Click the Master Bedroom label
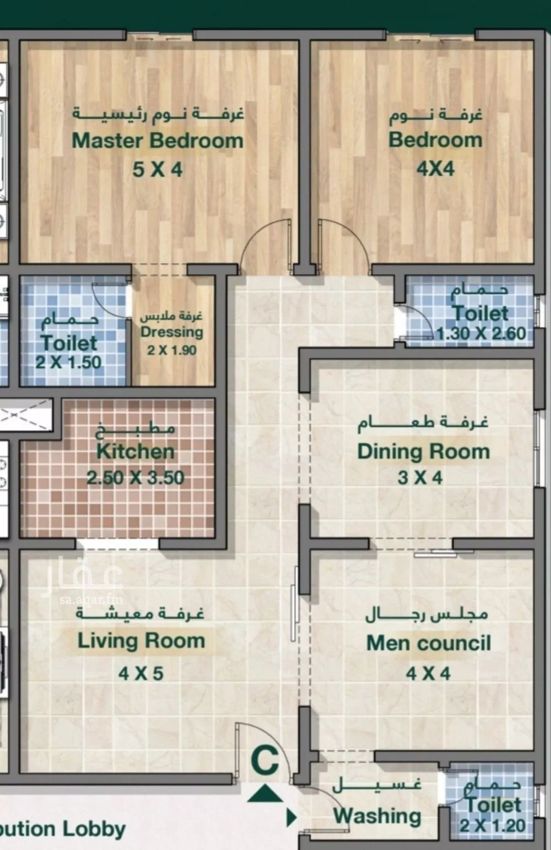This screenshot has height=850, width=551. coord(158,141)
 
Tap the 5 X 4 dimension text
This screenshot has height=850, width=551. coord(157,169)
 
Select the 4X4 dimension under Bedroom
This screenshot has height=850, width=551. coord(435,168)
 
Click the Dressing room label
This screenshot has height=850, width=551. coord(171,332)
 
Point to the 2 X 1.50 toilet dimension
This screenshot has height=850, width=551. coord(69,362)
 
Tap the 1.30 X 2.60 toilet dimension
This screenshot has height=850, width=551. coord(482,334)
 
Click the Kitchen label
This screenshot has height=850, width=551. coord(136,451)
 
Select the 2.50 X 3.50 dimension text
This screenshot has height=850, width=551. coord(136,477)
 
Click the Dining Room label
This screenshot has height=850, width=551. coord(423,451)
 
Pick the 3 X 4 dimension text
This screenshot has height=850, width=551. coord(420,478)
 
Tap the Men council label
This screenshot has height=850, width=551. coord(428,643)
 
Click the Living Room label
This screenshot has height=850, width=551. coord(141,641)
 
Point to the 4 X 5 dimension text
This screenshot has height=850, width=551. coord(141,673)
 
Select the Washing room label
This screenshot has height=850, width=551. coord(377,816)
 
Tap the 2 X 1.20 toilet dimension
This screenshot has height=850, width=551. coord(493,826)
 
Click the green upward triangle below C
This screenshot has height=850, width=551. coord(265,794)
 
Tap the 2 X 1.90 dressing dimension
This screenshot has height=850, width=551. coord(171,350)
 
